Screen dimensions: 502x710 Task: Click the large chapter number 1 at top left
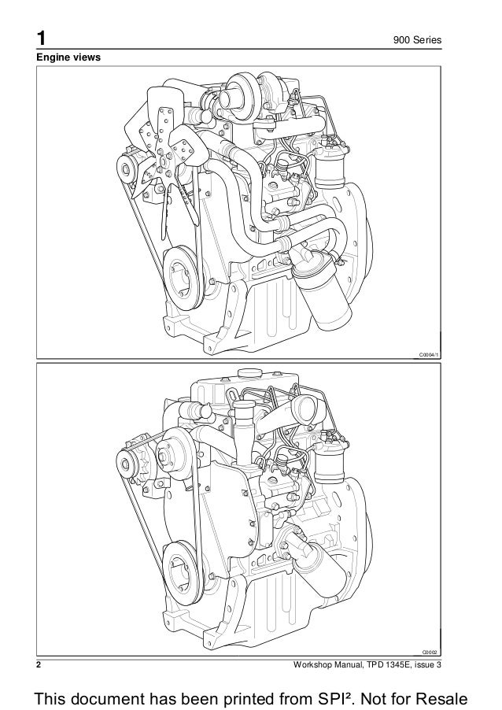click(41, 39)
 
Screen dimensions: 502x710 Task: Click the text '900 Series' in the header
click(417, 40)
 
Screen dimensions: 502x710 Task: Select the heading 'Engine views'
click(68, 57)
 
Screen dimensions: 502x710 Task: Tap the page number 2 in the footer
click(39, 664)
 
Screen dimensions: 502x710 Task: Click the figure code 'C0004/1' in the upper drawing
click(429, 356)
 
